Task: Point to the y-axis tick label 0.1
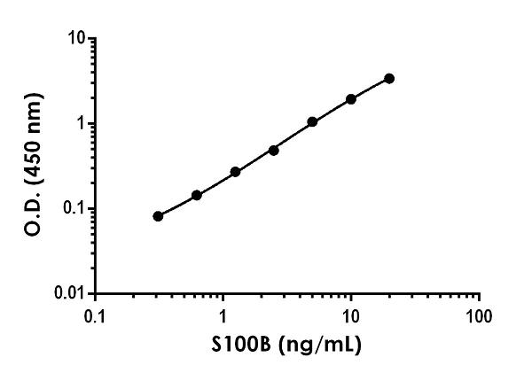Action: coord(73,208)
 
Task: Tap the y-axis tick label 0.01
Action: coord(68,292)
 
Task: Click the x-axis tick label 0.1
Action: coord(95,316)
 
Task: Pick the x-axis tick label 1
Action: coord(223,316)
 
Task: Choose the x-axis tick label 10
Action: coord(351,316)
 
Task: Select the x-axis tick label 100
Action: coord(479,316)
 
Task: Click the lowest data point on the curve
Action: coord(158,216)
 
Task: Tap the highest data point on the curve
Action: coord(389,78)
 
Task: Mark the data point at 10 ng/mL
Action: coord(351,99)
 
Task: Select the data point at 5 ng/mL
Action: coord(312,121)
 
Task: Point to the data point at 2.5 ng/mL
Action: coord(273,150)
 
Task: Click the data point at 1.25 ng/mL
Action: coord(235,172)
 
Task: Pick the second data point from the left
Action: coord(196,195)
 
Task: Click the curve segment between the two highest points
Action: coord(371,88)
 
